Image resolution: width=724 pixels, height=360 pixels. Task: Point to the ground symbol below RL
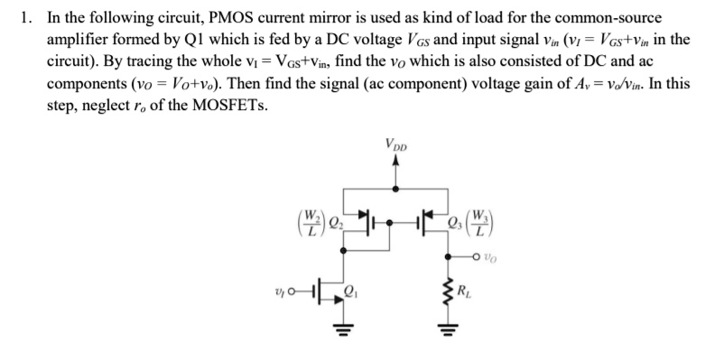(446, 334)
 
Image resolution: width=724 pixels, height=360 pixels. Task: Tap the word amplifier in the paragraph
(76, 39)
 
